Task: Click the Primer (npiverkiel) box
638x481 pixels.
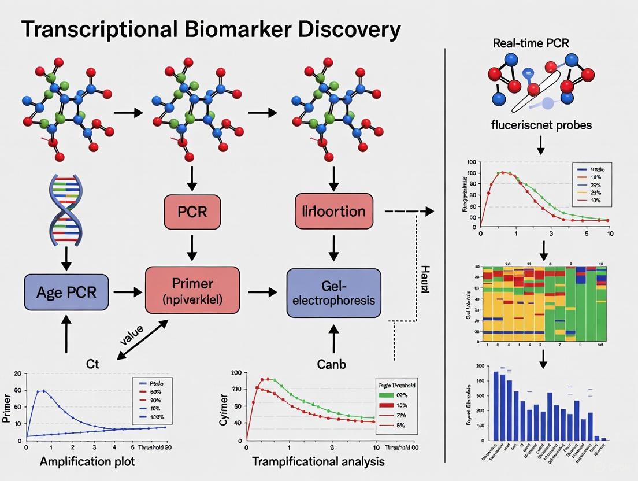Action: pyautogui.click(x=192, y=293)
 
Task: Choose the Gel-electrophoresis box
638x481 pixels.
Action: pyautogui.click(x=334, y=293)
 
